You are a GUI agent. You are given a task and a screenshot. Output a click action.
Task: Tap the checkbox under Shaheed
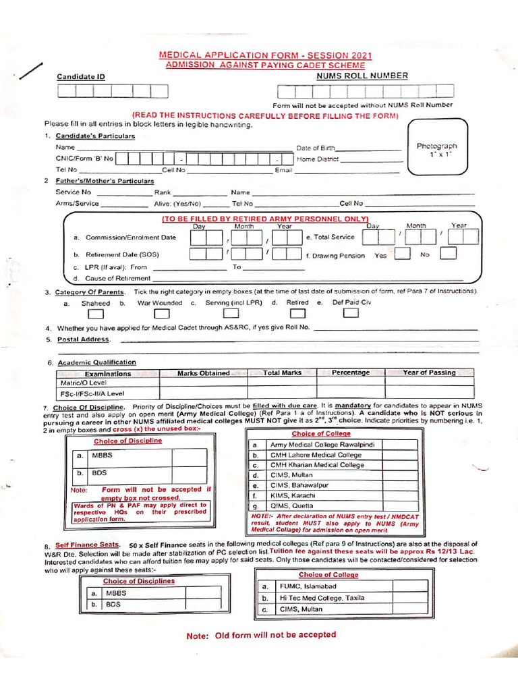point(96,314)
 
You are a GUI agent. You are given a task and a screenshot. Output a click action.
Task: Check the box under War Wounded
point(162,314)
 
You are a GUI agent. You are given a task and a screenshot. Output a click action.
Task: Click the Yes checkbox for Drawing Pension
point(402,254)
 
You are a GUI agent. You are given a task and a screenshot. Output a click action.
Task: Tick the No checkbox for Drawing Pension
point(448,254)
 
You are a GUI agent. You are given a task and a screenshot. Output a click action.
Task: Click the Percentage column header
point(351,372)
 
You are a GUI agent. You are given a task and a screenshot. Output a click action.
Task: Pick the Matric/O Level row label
point(80,383)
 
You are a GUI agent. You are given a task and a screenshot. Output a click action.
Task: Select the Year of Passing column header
point(429,372)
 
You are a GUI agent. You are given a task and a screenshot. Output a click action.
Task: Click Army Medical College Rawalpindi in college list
point(326,445)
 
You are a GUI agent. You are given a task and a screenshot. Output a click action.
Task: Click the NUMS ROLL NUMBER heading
point(362,76)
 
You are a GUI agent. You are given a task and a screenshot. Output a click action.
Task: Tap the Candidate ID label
point(81,78)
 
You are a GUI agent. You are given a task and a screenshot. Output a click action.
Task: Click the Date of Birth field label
point(314,147)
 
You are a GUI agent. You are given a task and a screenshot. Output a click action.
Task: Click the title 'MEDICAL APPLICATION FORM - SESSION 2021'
point(264,55)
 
